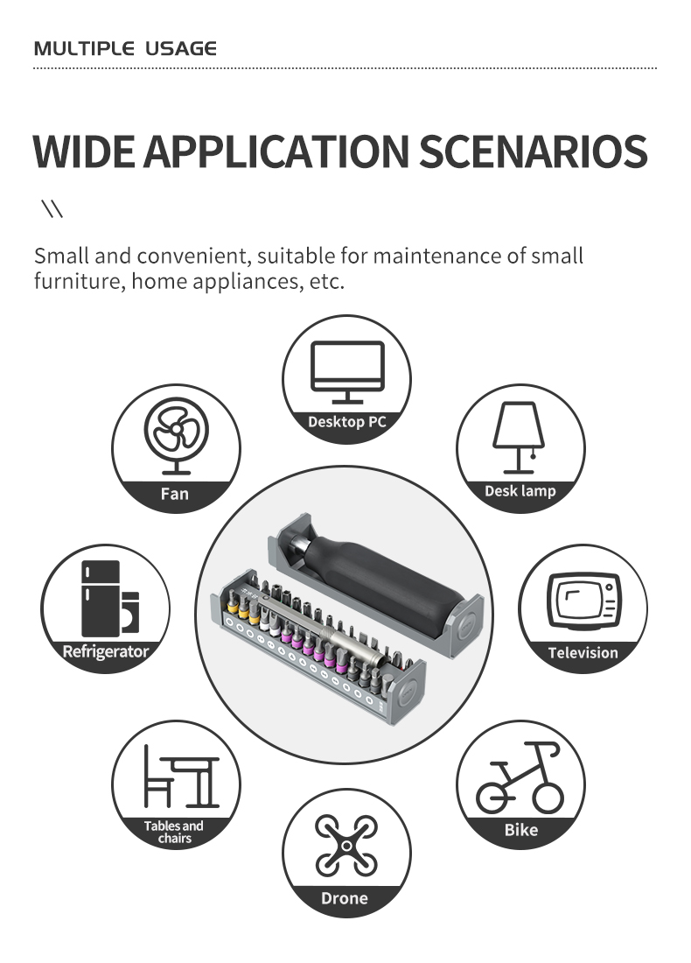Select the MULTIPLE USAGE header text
coord(124,48)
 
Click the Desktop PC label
coord(346,422)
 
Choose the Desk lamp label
coord(520,491)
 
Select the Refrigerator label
coord(106,651)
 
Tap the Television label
coord(583,652)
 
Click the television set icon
coord(583,600)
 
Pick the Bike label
coord(520,830)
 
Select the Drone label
coord(345,898)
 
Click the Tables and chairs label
coord(174,832)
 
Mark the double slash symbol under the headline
coord(52,209)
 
